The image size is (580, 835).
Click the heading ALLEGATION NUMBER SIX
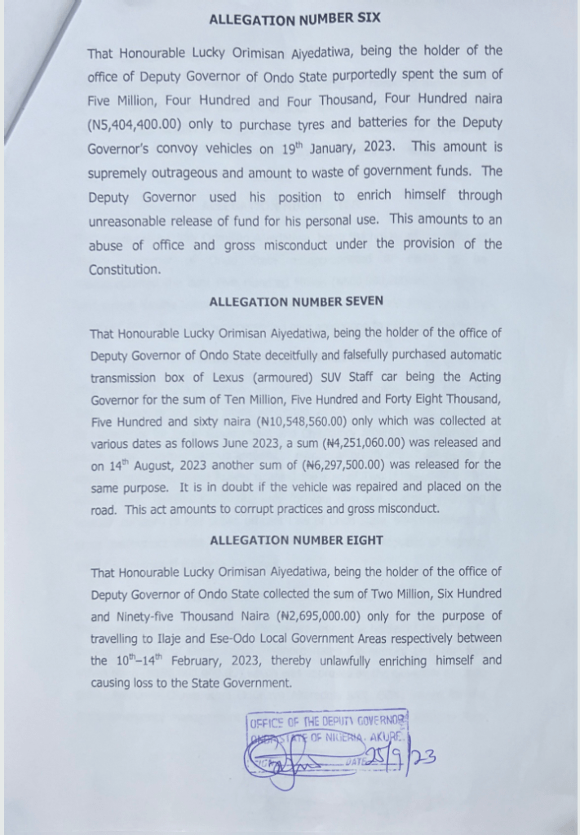click(x=294, y=18)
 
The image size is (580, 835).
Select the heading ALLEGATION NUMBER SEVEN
click(x=295, y=302)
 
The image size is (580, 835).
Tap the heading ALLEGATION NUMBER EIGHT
click(x=295, y=541)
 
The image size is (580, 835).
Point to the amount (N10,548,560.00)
click(x=306, y=422)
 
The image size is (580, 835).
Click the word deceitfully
click(x=289, y=356)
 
